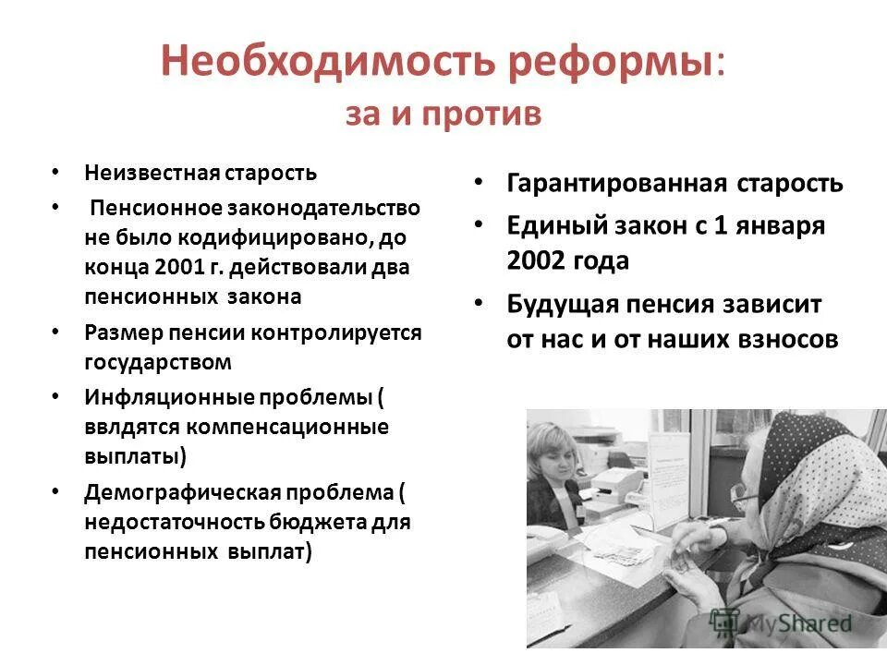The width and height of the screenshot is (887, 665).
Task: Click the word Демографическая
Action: [x=176, y=490]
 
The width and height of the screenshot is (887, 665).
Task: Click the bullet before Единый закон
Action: [x=479, y=225]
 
